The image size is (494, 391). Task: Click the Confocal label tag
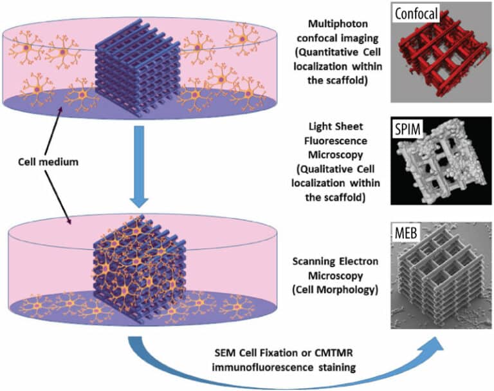click(x=416, y=14)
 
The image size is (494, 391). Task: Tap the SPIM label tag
click(x=408, y=129)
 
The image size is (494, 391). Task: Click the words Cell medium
click(x=48, y=162)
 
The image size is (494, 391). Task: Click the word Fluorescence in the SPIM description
click(x=336, y=140)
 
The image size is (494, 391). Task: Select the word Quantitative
click(x=327, y=52)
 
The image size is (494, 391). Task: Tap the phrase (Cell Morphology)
click(x=335, y=290)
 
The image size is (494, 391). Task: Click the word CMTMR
click(x=334, y=353)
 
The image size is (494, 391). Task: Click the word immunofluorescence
click(x=262, y=367)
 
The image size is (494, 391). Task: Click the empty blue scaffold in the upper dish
click(x=138, y=68)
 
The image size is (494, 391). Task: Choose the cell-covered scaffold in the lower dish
click(x=139, y=269)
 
